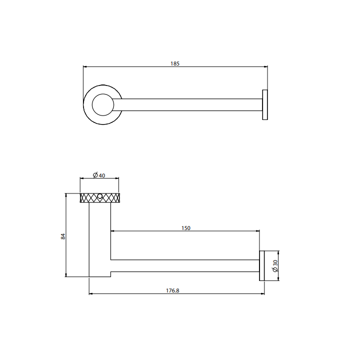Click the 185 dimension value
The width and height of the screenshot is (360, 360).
(175, 63)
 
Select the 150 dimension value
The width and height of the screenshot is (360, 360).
(185, 228)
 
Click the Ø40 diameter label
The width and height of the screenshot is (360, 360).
(99, 175)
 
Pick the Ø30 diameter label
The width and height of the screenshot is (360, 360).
(275, 266)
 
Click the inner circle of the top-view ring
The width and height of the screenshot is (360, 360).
(103, 105)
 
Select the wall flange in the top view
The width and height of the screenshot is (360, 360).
(265, 105)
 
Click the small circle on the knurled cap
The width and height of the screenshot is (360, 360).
(100, 196)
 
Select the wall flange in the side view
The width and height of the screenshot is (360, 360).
(261, 266)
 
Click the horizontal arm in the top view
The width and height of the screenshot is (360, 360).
(190, 105)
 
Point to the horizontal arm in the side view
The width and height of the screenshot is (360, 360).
(185, 266)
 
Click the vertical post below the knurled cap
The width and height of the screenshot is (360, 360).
(99, 235)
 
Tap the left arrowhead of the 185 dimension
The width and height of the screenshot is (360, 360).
(85, 66)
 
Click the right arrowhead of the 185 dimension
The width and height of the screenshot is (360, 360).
(265, 66)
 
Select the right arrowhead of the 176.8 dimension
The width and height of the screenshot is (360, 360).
(262, 294)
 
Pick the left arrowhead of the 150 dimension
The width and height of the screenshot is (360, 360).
(112, 231)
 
